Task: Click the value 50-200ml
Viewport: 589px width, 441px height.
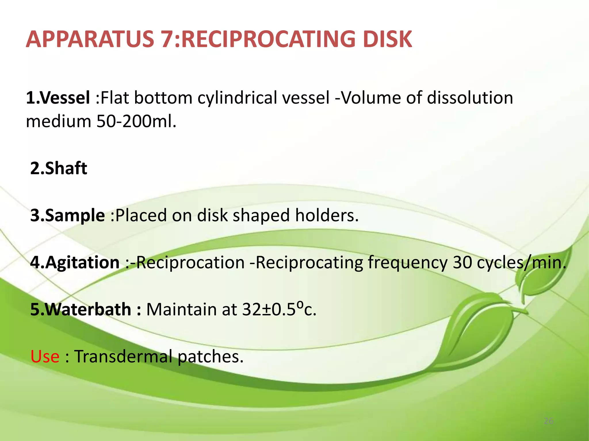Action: [136, 121]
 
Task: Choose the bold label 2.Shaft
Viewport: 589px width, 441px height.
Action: [59, 168]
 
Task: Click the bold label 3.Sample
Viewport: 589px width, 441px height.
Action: [68, 215]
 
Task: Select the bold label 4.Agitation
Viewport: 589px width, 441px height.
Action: [75, 262]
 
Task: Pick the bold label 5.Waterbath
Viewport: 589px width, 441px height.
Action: [81, 310]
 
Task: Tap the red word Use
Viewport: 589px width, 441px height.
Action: [45, 357]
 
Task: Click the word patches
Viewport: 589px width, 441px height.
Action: [211, 357]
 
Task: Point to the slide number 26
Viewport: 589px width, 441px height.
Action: [549, 421]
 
